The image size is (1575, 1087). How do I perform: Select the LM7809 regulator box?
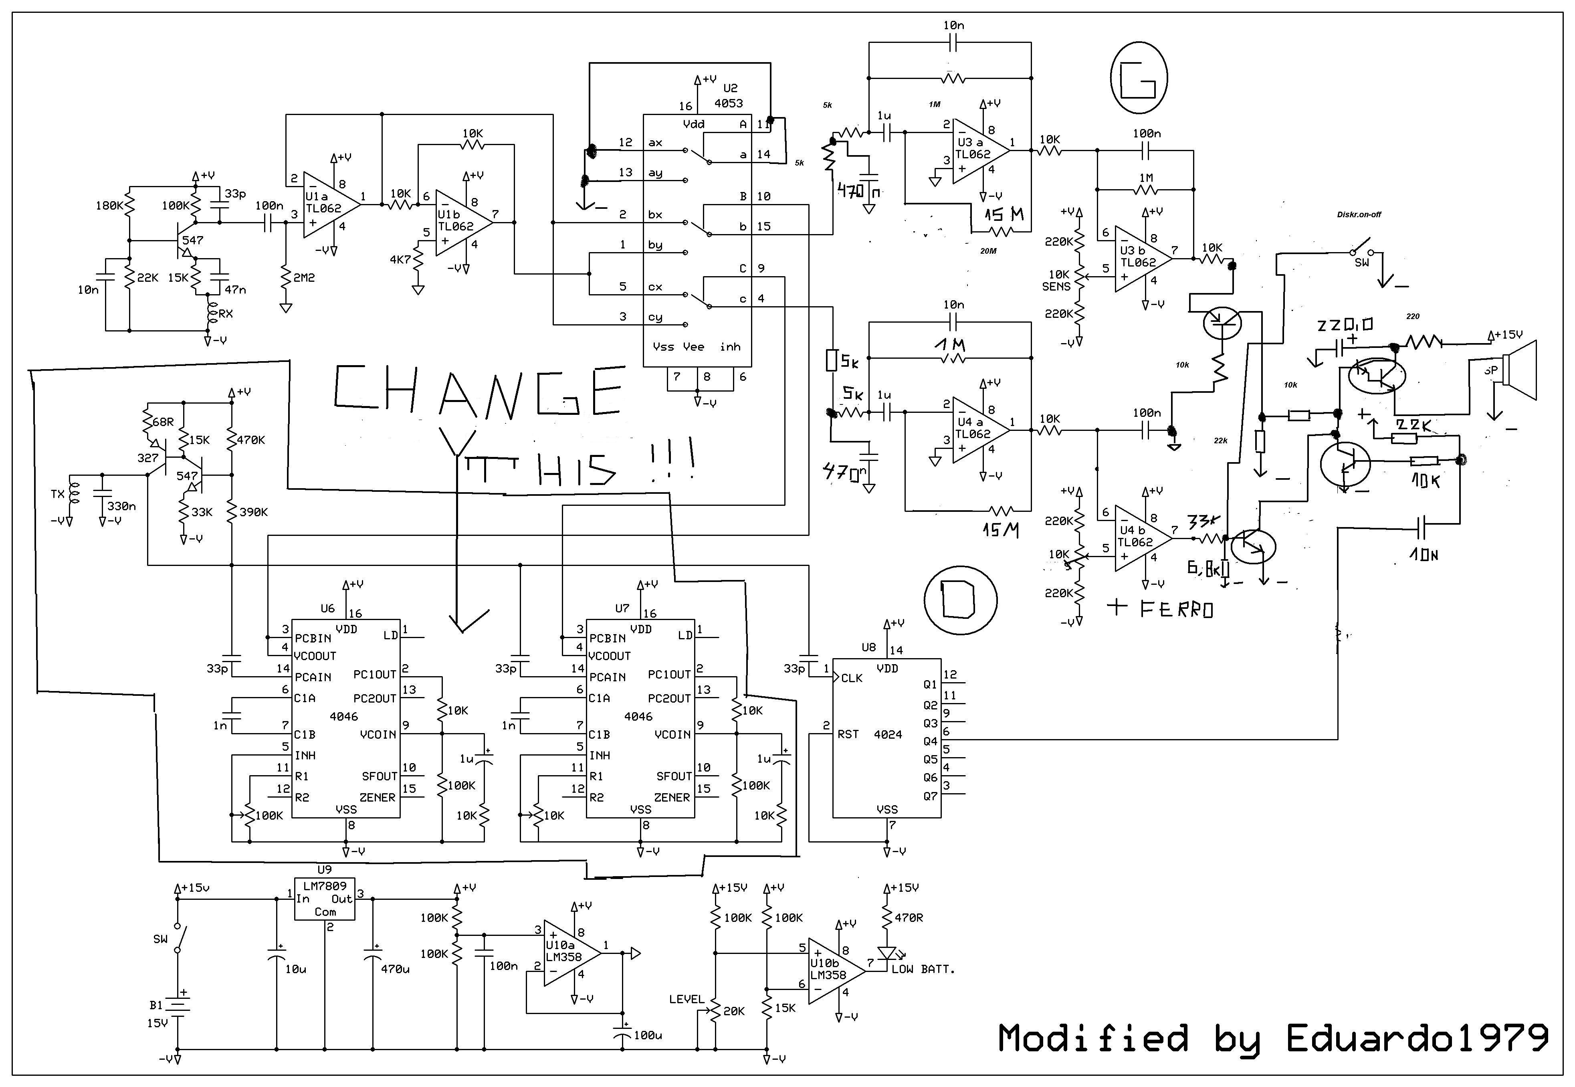point(325,899)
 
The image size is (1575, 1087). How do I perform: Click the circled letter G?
point(1139,78)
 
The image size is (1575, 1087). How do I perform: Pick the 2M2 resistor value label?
point(304,278)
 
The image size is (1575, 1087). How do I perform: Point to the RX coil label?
point(225,314)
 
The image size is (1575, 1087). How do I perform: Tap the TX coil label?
point(58,494)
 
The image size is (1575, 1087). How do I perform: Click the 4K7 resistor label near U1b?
point(400,259)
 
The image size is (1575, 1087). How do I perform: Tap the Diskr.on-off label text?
point(1359,214)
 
